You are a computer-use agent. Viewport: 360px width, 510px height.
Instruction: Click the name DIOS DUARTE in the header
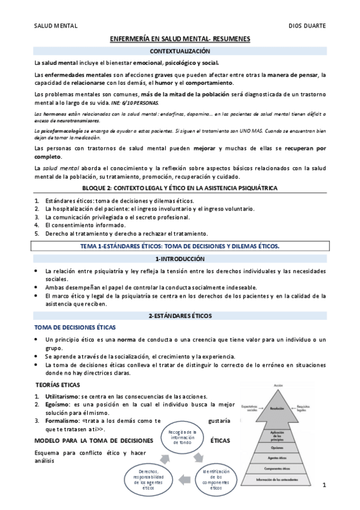click(308, 26)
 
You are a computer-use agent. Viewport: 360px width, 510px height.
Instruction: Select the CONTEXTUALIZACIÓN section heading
click(180, 52)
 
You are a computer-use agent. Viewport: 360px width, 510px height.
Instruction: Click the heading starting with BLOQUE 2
click(180, 188)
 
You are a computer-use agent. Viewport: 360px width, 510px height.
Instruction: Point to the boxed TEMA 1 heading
click(180, 246)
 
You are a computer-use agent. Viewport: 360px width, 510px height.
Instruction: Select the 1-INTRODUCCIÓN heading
click(180, 259)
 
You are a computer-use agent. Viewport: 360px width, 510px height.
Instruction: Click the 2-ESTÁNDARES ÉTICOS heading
click(180, 315)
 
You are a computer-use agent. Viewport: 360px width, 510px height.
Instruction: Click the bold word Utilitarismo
click(62, 396)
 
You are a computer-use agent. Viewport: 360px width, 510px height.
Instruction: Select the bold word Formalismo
click(63, 421)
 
